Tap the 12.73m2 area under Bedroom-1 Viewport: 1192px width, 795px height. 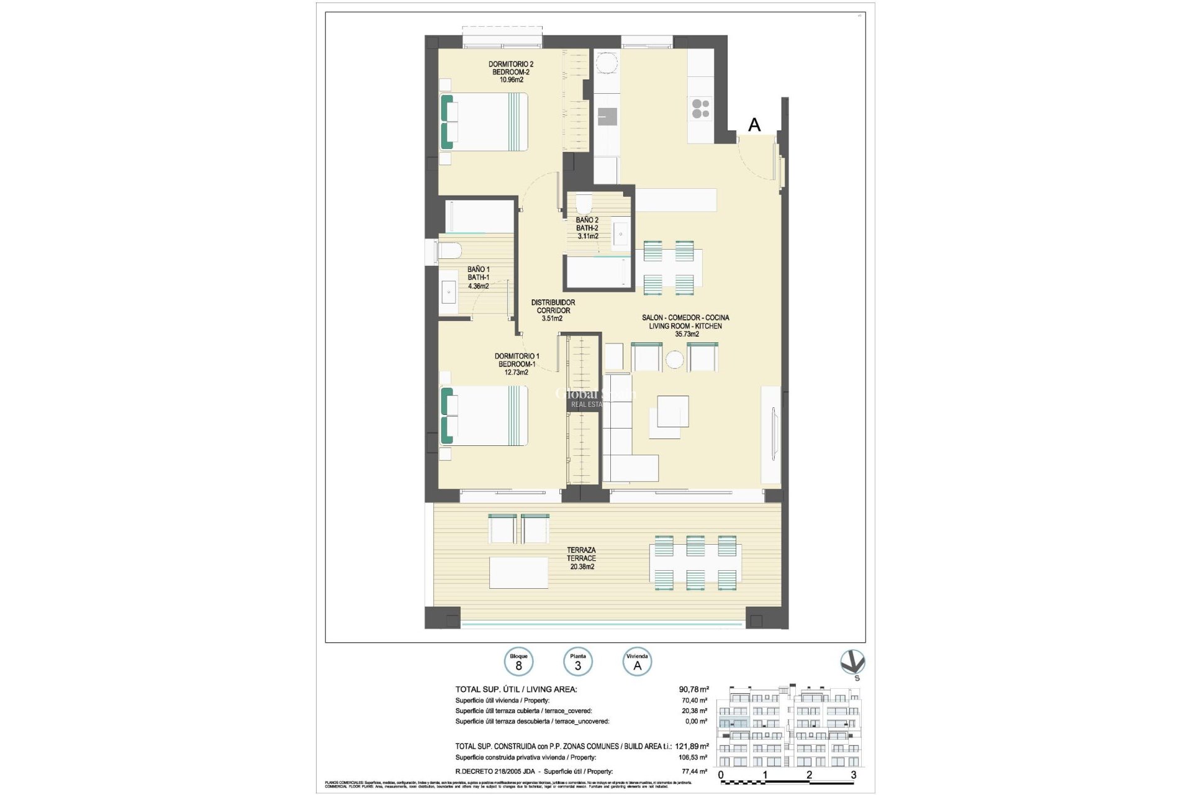tap(516, 373)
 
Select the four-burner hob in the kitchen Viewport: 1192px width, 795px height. tap(700, 109)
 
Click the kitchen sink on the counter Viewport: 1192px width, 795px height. tap(607, 116)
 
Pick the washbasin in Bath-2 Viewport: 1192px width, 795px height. tap(621, 234)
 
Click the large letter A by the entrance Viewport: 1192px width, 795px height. tap(754, 125)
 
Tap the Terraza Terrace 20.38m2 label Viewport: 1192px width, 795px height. tap(581, 558)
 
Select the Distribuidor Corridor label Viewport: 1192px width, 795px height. tap(553, 310)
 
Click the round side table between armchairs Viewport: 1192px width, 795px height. tap(674, 359)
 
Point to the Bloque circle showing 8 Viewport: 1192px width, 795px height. tap(518, 662)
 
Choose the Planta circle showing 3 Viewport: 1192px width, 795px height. tap(577, 662)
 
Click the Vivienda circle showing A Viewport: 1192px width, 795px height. tap(637, 662)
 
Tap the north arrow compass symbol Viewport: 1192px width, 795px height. tap(852, 663)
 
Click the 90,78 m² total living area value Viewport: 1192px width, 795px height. tap(693, 689)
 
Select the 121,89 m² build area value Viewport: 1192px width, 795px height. tap(692, 747)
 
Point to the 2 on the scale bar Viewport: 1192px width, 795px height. tap(809, 775)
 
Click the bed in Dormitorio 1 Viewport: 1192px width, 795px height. tap(484, 416)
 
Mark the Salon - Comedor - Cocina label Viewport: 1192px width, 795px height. tap(685, 325)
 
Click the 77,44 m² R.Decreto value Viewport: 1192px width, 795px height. tap(694, 771)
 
